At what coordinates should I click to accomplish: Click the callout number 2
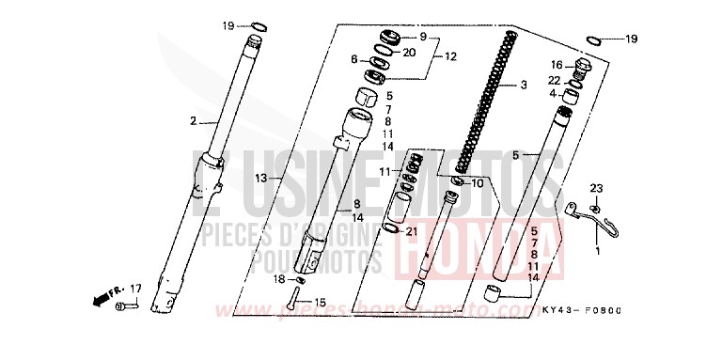click(193, 121)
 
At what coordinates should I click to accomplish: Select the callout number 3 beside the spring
click(523, 85)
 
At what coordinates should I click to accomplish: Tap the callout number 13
click(261, 177)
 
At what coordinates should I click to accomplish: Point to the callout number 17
click(135, 288)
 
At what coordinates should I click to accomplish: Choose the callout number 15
click(320, 302)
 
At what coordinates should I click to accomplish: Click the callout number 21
click(410, 230)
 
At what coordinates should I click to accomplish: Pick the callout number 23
click(596, 190)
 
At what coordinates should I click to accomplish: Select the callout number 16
click(556, 65)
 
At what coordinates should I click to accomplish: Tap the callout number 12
click(449, 56)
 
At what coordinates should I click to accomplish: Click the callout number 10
click(477, 183)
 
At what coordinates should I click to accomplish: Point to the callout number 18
click(278, 280)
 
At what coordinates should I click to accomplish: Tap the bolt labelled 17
click(124, 305)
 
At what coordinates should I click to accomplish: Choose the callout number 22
click(556, 80)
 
